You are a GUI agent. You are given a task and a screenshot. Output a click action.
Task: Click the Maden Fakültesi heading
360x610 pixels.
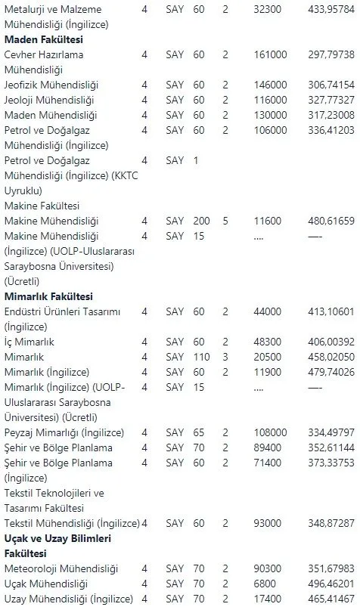(44, 39)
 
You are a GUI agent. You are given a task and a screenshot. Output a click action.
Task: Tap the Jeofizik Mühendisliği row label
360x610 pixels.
(51, 85)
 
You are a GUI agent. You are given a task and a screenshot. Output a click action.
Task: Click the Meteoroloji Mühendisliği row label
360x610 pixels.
(61, 569)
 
